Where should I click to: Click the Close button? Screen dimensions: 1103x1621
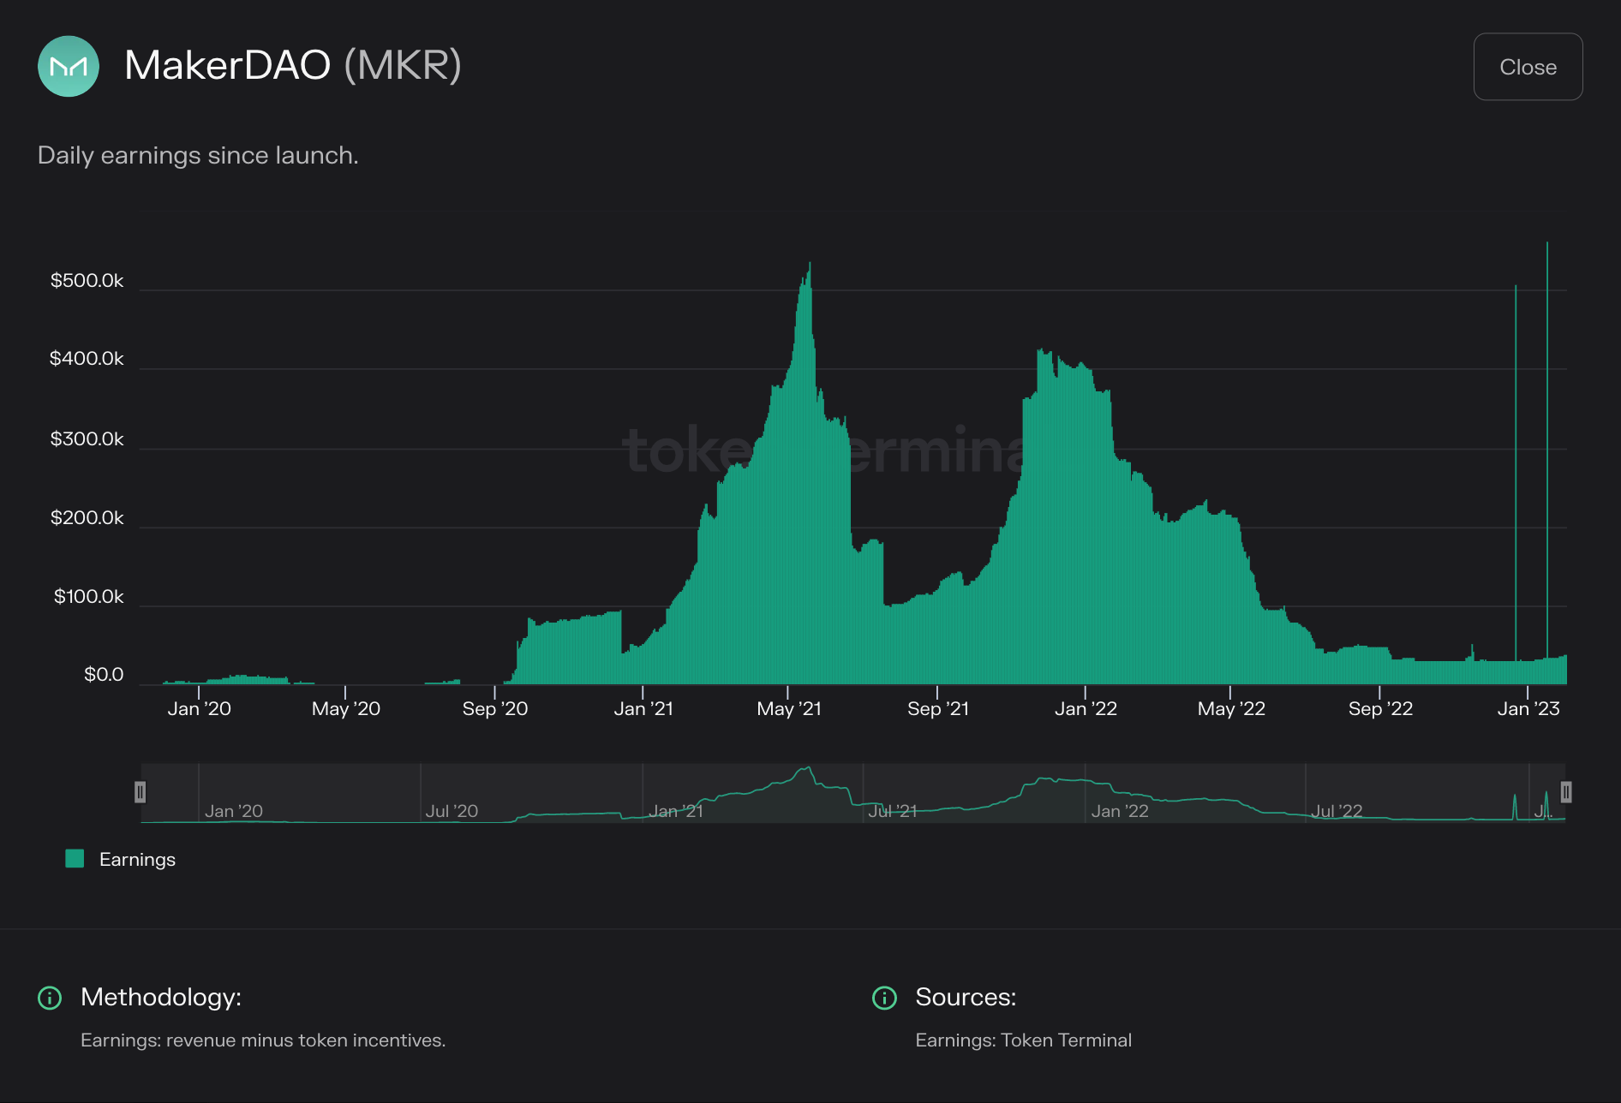(x=1528, y=67)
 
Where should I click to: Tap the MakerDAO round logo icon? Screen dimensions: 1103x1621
(x=69, y=66)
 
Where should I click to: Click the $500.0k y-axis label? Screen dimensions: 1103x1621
(x=87, y=281)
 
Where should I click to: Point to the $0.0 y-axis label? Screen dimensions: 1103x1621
(x=104, y=675)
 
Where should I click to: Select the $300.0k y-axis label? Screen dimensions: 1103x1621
(x=87, y=439)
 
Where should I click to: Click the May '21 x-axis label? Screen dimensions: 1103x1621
(x=789, y=709)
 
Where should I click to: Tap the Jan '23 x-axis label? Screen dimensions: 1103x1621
(x=1528, y=709)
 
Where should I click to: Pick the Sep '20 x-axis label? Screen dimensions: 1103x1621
(x=495, y=709)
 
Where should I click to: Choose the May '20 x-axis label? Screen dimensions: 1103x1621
(x=346, y=709)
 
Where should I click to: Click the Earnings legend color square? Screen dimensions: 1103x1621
(x=75, y=859)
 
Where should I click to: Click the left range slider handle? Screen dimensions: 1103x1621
(x=141, y=792)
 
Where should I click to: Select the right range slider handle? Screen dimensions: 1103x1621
(x=1566, y=792)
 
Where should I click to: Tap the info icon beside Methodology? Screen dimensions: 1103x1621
(x=50, y=998)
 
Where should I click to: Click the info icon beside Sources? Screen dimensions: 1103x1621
(x=884, y=998)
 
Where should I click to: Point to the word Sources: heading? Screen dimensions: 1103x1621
(x=966, y=997)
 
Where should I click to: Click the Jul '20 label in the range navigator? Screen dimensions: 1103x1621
(x=452, y=811)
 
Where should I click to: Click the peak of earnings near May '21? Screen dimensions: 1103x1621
(x=810, y=265)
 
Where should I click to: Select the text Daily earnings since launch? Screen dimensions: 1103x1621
(x=198, y=155)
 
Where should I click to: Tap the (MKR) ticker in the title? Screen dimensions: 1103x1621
(x=403, y=65)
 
